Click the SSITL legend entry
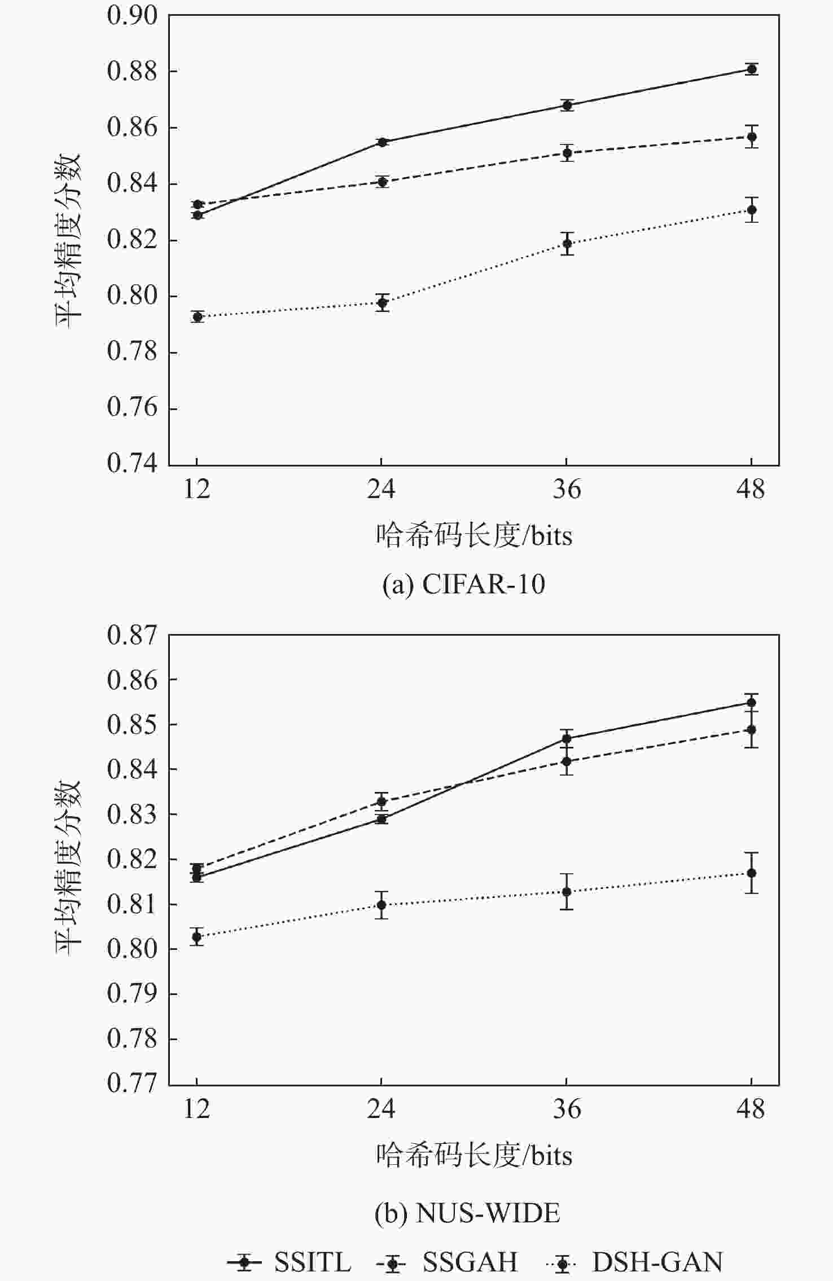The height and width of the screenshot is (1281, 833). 290,1261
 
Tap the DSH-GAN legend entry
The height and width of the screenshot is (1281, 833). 635,1261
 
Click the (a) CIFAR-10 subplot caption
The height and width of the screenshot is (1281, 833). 463,584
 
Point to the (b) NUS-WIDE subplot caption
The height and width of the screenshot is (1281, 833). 467,1213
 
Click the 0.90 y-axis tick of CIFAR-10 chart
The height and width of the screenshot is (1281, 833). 133,16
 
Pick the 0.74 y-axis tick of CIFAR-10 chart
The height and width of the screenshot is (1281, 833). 133,464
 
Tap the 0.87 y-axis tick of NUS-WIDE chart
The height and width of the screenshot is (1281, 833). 133,635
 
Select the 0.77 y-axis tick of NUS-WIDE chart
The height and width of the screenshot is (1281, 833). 133,1083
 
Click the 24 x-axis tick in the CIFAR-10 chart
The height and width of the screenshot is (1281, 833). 382,488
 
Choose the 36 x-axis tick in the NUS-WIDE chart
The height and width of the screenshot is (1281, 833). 566,1109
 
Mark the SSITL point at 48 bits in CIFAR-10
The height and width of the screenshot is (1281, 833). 751,69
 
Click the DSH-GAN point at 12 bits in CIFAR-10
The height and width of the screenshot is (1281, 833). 197,316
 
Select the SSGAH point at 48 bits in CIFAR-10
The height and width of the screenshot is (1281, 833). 751,137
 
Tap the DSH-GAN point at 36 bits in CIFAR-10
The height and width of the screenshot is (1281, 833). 567,244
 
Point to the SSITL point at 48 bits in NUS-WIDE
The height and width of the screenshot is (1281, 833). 751,702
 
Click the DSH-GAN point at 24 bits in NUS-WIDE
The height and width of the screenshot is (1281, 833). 382,905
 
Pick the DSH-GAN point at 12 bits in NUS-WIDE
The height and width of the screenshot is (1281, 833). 197,937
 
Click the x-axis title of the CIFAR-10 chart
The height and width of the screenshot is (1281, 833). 474,535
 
